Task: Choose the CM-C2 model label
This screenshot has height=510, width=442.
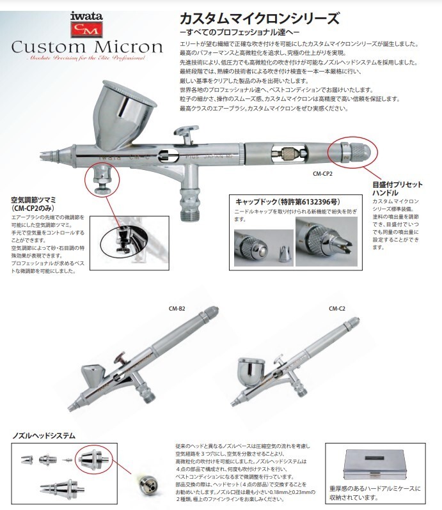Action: pyautogui.click(x=337, y=307)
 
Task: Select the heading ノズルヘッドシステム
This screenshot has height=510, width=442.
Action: pyautogui.click(x=43, y=435)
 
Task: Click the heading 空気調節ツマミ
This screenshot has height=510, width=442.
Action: pyautogui.click(x=38, y=203)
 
